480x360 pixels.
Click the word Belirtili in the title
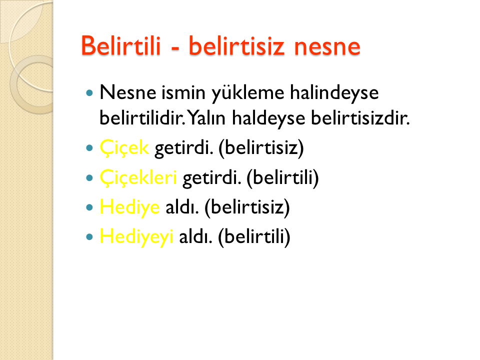coord(121,45)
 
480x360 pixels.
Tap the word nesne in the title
coord(327,47)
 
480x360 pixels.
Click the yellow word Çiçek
coord(124,148)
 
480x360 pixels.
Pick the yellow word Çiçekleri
coord(138,177)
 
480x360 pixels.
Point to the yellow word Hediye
coord(130,207)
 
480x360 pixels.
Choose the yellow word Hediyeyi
coord(136,237)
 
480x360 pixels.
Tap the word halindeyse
coord(334,93)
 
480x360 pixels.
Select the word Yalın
coord(206,118)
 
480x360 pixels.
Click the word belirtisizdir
coord(360,118)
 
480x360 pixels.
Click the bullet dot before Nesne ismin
coord(89,93)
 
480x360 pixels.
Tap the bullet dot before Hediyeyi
coord(89,236)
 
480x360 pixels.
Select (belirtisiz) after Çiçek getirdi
coord(261,148)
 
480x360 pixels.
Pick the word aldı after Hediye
coord(182,207)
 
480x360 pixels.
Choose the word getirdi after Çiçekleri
coord(211,178)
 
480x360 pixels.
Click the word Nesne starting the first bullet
coord(128,92)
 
